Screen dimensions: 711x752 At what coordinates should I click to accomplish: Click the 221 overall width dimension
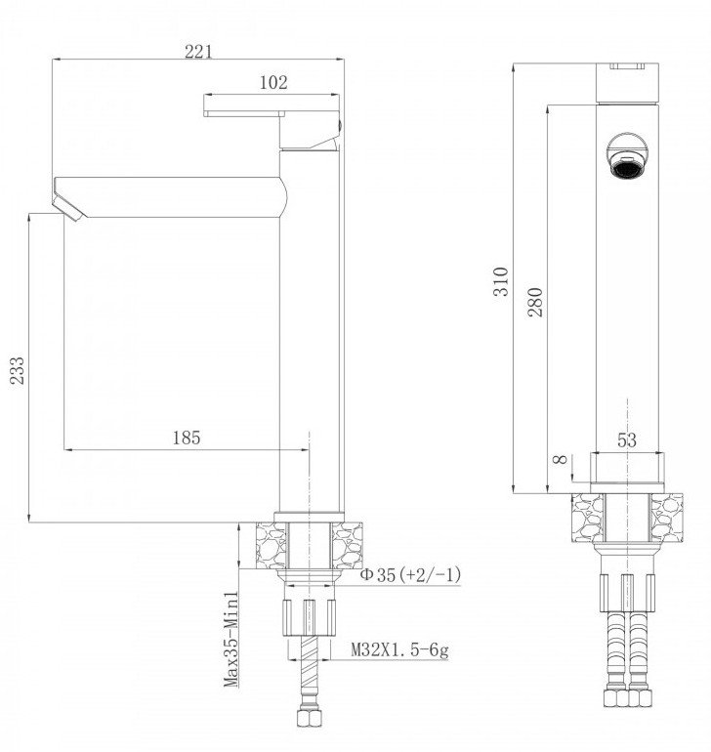[x=198, y=52]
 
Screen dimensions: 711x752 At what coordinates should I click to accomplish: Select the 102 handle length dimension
[x=273, y=82]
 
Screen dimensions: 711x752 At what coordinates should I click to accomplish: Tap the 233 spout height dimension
[x=18, y=370]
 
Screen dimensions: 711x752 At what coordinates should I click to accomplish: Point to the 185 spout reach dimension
[x=187, y=438]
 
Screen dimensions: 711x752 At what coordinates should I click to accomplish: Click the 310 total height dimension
[x=501, y=281]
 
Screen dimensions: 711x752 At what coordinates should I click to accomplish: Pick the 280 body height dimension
[x=535, y=302]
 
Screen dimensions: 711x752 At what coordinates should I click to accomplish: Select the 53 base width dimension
[x=627, y=439]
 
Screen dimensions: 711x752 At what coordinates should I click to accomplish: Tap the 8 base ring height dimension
[x=561, y=459]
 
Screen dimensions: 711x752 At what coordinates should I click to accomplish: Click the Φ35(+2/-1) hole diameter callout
[x=410, y=574]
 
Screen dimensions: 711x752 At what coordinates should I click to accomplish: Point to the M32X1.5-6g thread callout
[x=399, y=649]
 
